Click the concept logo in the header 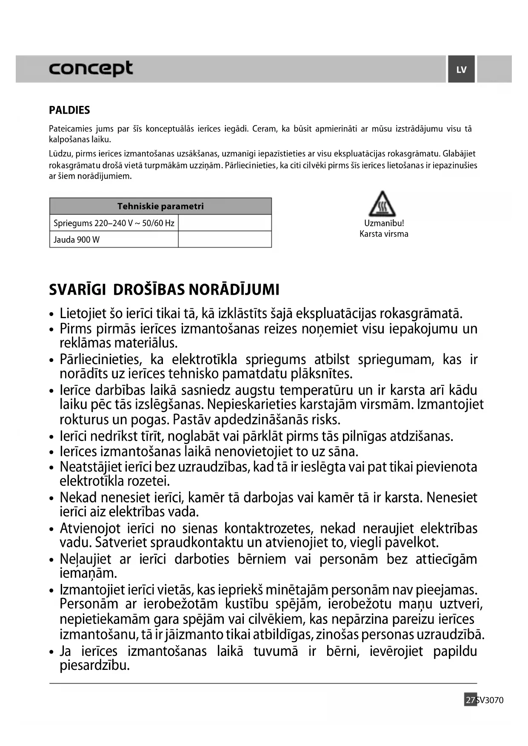91,68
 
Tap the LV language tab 461,70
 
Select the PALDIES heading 69,110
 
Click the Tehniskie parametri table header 160,206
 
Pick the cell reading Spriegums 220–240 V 114,223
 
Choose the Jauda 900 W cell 77,239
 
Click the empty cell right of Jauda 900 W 225,239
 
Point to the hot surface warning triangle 382,205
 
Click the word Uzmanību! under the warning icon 384,223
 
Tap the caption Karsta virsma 384,234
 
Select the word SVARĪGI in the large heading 77,290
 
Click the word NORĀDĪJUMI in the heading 234,290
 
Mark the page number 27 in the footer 470,700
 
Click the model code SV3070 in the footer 491,700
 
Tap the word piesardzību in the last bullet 94,665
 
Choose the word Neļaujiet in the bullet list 85,559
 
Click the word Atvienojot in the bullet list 90,528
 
